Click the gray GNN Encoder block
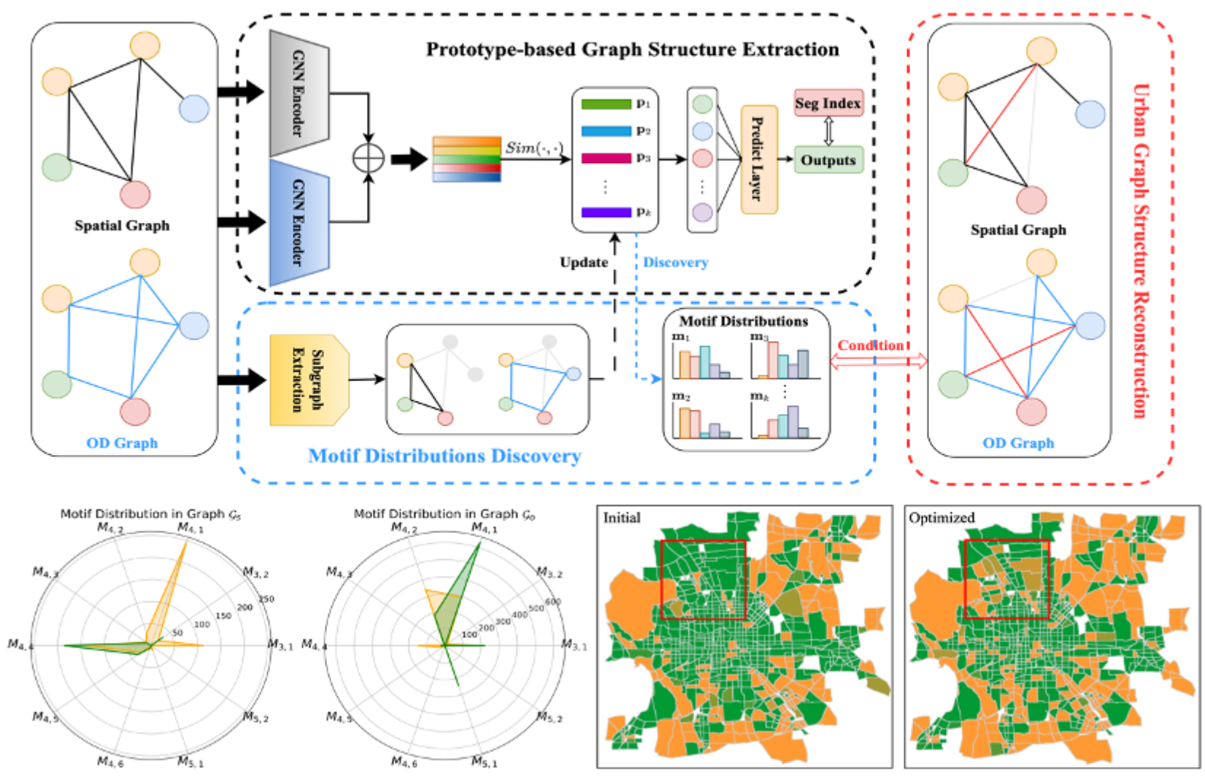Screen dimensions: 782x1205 coord(299,93)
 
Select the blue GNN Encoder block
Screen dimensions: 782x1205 coord(299,222)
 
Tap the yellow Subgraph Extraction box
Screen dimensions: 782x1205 coord(308,380)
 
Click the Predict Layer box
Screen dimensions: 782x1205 coord(758,159)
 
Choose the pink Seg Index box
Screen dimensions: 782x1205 coord(828,103)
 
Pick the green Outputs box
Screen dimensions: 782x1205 coord(828,160)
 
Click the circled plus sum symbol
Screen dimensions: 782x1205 coord(369,158)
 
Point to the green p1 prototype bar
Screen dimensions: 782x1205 coord(606,104)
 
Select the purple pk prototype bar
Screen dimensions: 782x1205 coord(606,212)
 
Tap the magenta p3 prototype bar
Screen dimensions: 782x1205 coord(606,158)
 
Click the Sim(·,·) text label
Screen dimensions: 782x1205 coord(534,147)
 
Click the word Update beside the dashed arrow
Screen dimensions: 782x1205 coord(583,262)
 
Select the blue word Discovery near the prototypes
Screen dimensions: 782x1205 coord(675,262)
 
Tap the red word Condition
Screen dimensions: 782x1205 coord(870,345)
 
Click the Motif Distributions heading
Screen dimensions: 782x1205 coord(743,321)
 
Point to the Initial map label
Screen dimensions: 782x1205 coord(621,518)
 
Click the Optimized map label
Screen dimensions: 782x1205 coord(941,518)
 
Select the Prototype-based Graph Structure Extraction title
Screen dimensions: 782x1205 coord(632,50)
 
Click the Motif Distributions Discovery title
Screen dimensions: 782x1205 coord(444,456)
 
